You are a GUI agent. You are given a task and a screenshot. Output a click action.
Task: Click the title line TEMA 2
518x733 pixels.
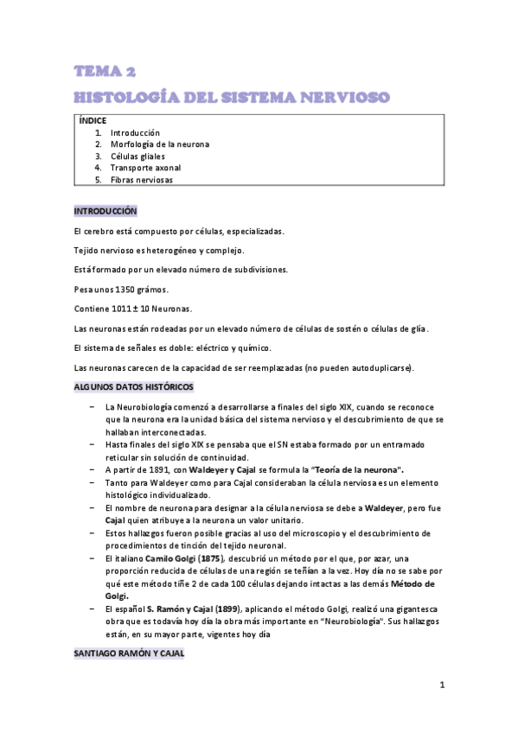click(x=104, y=71)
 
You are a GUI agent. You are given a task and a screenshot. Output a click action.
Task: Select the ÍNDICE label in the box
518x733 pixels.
click(x=93, y=121)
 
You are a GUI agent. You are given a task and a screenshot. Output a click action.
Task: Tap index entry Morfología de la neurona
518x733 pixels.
click(x=160, y=144)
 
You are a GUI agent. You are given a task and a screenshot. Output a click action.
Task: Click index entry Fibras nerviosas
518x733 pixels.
click(x=142, y=180)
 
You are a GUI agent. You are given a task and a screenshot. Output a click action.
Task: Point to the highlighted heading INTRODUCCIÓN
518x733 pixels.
click(x=106, y=211)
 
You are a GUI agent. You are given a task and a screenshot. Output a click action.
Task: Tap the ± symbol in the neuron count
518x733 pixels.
click(x=138, y=309)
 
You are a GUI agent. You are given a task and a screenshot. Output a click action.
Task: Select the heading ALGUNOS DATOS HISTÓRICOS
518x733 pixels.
click(x=133, y=387)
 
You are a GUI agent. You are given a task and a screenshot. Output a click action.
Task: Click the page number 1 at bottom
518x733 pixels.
click(x=441, y=685)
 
